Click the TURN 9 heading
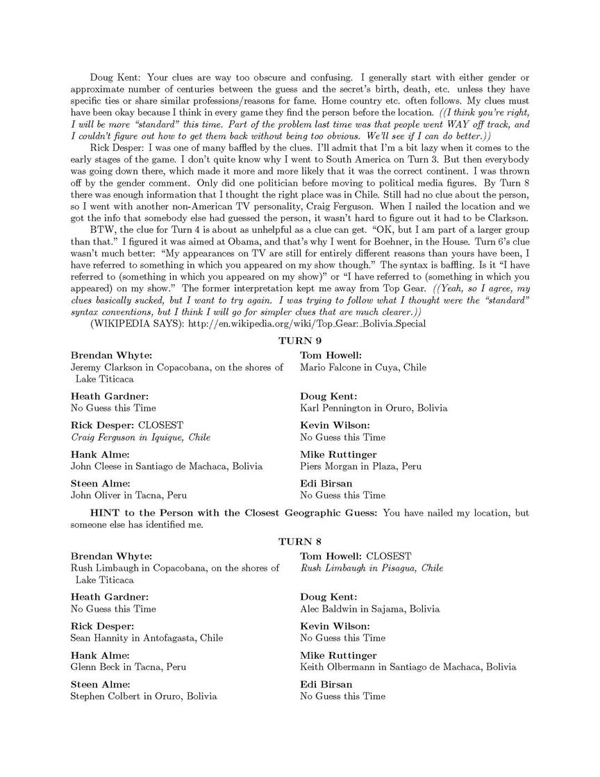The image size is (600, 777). coord(299,340)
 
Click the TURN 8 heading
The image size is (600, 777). coord(299,541)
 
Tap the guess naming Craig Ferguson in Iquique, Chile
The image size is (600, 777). coord(140,437)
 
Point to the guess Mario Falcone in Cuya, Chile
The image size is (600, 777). coord(363,367)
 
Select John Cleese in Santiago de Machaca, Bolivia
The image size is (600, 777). coord(167,466)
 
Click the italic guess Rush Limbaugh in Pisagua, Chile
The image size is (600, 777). coord(372,568)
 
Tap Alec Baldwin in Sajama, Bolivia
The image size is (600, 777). coord(369,609)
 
